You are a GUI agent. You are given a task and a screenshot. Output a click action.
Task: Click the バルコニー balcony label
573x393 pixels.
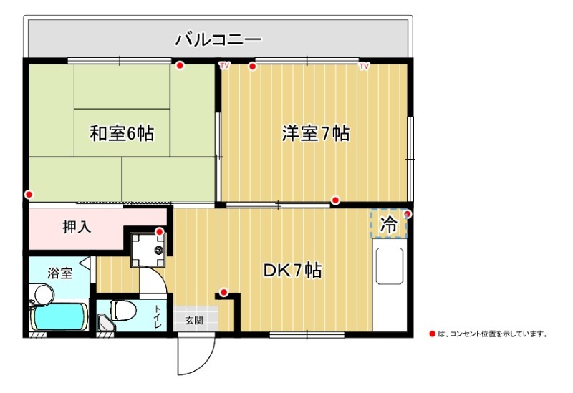click(x=218, y=39)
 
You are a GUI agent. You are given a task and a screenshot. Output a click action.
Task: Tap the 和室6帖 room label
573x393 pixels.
click(x=122, y=133)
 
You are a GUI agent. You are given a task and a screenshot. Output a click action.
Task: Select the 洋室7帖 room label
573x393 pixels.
click(x=316, y=133)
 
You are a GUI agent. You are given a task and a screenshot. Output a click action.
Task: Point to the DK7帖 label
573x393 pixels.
click(x=293, y=271)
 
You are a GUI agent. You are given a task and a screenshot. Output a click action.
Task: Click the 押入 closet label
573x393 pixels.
click(x=77, y=227)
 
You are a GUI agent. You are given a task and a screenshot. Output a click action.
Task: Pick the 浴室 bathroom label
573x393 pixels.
click(x=60, y=273)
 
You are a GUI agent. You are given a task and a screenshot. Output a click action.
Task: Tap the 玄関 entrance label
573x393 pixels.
click(x=194, y=321)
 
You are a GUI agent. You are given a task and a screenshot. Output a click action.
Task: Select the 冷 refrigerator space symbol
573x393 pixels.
click(x=388, y=225)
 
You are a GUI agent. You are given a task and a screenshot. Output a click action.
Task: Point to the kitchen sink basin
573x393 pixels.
click(x=389, y=266)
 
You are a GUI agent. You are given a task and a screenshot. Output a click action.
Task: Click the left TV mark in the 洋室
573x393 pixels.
click(x=224, y=66)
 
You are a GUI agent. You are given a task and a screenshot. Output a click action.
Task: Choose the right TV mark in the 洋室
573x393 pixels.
click(x=364, y=66)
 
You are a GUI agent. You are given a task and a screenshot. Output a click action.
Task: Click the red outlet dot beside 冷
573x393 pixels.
click(x=408, y=215)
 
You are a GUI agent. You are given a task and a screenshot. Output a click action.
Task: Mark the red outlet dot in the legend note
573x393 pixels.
click(x=433, y=334)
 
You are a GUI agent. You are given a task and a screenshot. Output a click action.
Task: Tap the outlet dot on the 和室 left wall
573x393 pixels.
click(x=29, y=194)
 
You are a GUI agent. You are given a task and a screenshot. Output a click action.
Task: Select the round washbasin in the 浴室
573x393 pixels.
click(x=44, y=294)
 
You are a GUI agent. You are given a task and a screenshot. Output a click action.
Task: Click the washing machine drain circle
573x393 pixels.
click(x=158, y=251)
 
